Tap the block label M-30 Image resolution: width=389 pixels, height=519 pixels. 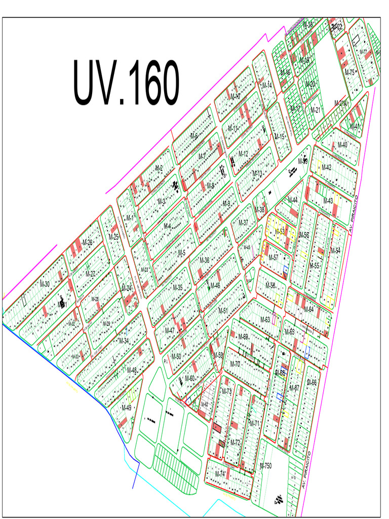45,284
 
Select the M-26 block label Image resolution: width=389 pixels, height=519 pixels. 87,242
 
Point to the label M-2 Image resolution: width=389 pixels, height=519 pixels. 159,168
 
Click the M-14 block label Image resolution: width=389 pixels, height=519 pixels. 266,85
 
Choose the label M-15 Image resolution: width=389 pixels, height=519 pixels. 279,137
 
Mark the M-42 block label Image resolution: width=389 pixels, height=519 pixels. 326,167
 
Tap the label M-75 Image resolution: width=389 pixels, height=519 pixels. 349,72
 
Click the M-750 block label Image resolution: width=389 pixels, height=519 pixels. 266,466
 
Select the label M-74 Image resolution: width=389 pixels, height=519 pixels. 220,474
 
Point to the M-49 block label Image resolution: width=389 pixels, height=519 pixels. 126,407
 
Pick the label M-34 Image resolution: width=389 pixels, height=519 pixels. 124,341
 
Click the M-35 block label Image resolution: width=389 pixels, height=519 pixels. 177,287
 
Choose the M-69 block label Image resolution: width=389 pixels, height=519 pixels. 243,337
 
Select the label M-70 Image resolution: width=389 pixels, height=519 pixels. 235,364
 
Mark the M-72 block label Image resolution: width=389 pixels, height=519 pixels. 235,442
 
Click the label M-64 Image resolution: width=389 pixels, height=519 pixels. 308,310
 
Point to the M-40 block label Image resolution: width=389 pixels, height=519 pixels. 342,144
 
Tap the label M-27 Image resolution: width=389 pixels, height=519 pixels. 90,274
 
